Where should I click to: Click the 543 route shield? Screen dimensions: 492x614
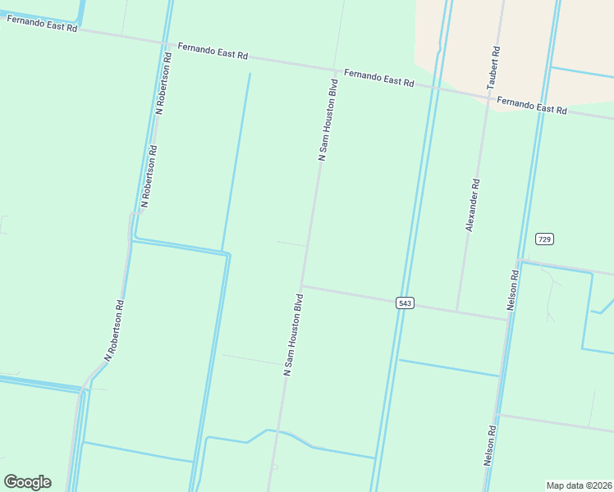(x=404, y=303)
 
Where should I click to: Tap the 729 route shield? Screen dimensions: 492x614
(x=544, y=239)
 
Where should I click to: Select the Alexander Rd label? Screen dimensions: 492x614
(x=473, y=205)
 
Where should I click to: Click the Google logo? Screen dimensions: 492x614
(x=27, y=482)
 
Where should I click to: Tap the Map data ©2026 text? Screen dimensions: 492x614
(x=579, y=485)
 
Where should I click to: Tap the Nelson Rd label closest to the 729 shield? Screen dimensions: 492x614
(x=515, y=287)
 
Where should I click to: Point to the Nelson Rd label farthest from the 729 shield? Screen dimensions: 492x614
(x=491, y=446)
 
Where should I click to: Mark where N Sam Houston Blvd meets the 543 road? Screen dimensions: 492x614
(x=302, y=286)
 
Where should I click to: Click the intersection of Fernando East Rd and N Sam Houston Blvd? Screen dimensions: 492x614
(x=335, y=70)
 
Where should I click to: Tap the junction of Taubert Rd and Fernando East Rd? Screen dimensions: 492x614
(x=491, y=96)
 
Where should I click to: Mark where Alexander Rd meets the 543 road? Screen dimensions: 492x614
(x=457, y=312)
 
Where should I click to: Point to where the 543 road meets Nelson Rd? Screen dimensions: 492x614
(x=509, y=320)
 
